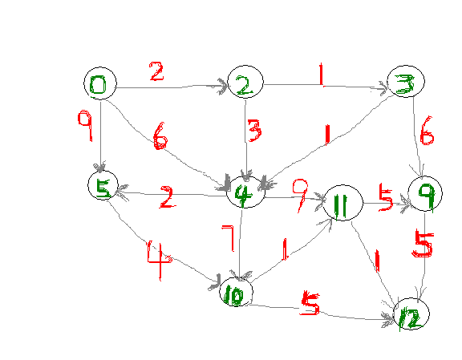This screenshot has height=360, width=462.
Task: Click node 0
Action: tap(100, 83)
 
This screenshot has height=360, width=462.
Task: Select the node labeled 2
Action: tap(245, 82)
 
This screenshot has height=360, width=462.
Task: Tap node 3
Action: tap(406, 81)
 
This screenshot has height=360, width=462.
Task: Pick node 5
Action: tap(103, 185)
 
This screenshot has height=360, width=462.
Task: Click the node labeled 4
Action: tap(245, 192)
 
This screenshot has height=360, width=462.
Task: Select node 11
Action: tap(343, 203)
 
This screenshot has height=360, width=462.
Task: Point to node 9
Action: tap(425, 193)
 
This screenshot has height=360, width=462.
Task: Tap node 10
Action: tap(236, 292)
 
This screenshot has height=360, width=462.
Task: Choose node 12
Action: tap(411, 313)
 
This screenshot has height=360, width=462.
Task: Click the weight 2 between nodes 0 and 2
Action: tap(156, 71)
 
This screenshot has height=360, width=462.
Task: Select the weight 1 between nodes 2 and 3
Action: tap(322, 75)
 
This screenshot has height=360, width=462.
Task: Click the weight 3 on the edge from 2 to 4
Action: tap(254, 131)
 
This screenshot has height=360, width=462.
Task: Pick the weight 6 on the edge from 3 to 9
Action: tap(427, 131)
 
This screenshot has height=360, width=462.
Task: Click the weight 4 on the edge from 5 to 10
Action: tap(160, 261)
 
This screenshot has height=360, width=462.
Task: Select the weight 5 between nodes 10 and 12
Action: tap(310, 303)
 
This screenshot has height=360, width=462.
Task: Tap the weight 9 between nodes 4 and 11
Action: tap(301, 196)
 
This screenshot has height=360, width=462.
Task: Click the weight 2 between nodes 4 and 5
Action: tap(168, 197)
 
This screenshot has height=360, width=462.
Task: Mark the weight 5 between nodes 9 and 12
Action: tap(423, 244)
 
